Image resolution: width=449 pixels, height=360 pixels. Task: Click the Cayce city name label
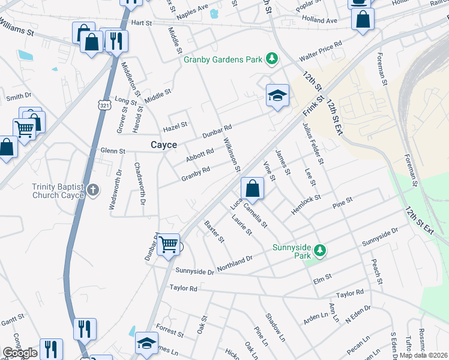(x=163, y=145)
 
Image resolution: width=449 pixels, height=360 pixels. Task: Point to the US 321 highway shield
(x=104, y=105)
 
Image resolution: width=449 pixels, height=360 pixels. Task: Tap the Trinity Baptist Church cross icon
(x=93, y=190)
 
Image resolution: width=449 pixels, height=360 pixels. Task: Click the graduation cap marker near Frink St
(x=277, y=95)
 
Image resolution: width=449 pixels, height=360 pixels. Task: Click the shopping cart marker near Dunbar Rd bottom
(x=169, y=244)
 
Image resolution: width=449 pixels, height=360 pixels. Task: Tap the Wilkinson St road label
(x=232, y=154)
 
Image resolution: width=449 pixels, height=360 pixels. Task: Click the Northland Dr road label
(x=235, y=263)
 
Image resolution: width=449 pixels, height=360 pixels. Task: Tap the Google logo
(x=20, y=353)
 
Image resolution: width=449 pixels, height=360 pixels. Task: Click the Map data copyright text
(x=423, y=355)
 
